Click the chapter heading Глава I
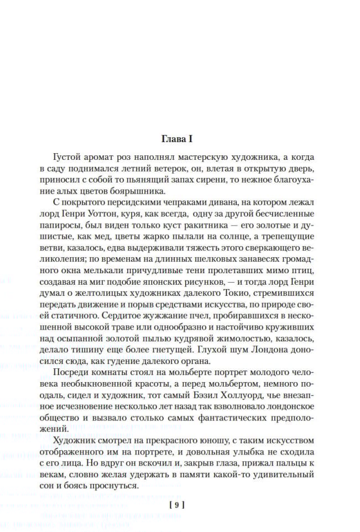click(180, 138)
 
